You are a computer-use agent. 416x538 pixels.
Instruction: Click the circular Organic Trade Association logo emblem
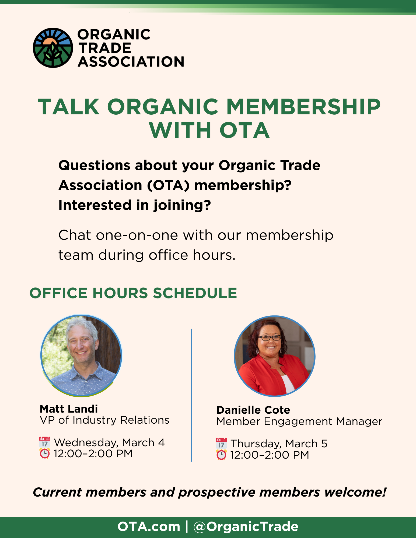point(53,48)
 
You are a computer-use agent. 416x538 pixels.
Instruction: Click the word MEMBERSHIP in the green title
point(303,107)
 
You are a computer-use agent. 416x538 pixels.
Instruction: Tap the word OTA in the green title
point(244,131)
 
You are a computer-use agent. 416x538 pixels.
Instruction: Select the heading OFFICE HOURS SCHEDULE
point(133,293)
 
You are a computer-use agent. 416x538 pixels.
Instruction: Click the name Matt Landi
point(69,409)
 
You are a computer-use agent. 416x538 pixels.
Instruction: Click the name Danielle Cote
point(253,410)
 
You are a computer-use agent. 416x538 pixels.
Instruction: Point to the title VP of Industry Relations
point(104,420)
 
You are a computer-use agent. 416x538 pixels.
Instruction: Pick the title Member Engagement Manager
point(299,421)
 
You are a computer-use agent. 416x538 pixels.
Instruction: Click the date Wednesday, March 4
point(109,443)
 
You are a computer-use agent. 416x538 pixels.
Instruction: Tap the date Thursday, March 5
point(279,444)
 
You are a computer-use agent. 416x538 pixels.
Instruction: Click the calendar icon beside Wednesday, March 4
point(45,442)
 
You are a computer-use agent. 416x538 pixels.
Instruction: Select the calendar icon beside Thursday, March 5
point(221,444)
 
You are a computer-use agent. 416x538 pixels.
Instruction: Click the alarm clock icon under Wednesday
point(45,454)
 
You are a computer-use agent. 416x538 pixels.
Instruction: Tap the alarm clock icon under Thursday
point(221,455)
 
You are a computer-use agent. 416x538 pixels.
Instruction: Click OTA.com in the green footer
point(149,527)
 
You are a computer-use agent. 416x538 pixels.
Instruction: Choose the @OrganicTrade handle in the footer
point(246,527)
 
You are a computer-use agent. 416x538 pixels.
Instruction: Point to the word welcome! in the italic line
point(355,492)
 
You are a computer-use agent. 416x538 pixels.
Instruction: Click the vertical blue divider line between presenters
point(191,395)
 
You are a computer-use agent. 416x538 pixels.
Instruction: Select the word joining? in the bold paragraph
point(182,206)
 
